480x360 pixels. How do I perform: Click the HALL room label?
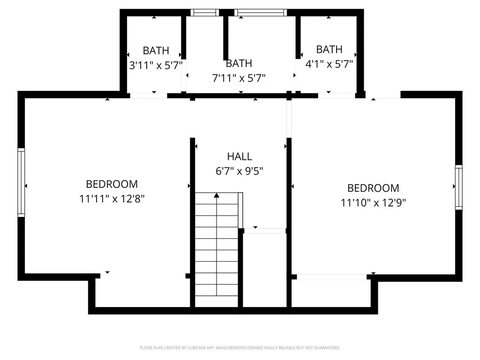click(x=240, y=157)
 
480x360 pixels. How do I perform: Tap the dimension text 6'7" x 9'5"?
click(x=240, y=172)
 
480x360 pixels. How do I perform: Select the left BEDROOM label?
click(x=112, y=184)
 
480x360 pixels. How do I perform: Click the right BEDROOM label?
click(x=373, y=188)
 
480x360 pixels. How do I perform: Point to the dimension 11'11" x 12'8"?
click(x=112, y=199)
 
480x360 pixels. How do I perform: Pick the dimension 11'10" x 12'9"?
click(x=373, y=202)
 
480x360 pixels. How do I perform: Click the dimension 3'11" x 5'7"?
click(x=156, y=65)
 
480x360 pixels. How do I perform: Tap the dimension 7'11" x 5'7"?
click(x=239, y=78)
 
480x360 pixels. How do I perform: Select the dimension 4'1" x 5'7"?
click(x=329, y=63)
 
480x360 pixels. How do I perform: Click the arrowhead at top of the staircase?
click(x=217, y=195)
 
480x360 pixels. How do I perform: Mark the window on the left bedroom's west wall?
click(x=21, y=182)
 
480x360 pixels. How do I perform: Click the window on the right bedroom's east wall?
click(x=458, y=187)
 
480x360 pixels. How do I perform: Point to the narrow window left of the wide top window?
click(x=205, y=13)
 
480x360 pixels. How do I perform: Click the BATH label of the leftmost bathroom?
click(x=156, y=51)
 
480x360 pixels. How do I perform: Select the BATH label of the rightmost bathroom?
click(x=329, y=49)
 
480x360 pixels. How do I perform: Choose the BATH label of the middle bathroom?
click(x=239, y=63)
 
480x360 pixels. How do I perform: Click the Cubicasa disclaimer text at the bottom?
click(x=240, y=348)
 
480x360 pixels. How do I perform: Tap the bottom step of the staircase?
click(x=217, y=301)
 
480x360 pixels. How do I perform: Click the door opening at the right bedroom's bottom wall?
click(x=332, y=277)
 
